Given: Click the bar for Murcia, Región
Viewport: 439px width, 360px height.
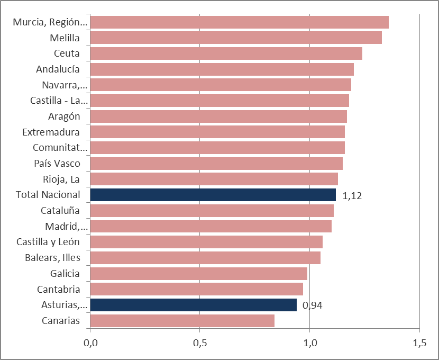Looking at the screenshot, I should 239,22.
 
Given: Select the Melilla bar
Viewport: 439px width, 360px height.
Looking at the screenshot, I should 236,38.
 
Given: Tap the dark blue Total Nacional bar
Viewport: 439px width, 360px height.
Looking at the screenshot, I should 213,195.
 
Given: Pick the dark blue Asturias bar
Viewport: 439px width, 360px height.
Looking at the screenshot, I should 193,305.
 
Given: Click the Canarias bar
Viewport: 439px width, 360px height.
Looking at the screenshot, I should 182,321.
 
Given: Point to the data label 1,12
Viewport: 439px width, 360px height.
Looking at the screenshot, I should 352,196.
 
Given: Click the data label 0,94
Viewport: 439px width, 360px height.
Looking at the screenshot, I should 313,305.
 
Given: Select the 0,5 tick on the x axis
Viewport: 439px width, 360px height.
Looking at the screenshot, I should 200,343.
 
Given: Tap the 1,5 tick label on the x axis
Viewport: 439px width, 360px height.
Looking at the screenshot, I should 419,343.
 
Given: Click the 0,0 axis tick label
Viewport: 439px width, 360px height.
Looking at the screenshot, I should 90,343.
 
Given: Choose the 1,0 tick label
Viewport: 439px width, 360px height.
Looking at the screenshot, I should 310,343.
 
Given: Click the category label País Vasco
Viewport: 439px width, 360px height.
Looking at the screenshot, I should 57,163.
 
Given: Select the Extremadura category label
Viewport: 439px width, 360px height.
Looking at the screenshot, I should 51,132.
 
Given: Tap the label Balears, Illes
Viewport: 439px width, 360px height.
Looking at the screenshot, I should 52,258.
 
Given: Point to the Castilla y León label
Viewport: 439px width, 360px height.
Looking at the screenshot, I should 48,242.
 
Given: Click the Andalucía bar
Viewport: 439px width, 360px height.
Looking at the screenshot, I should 222,69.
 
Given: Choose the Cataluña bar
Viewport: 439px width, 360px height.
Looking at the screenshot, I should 212,211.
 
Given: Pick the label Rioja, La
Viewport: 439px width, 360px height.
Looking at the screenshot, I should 61,179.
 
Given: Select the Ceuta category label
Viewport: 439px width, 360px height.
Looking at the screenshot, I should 67,53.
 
